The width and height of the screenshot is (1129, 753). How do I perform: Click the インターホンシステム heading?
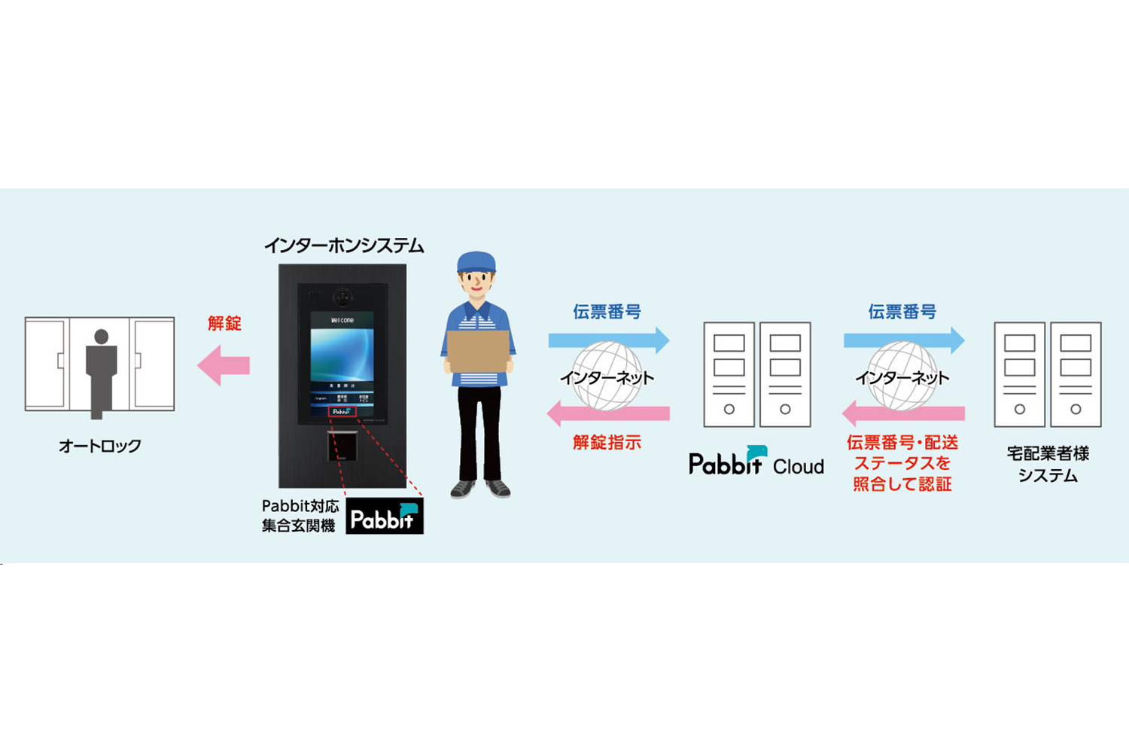click(x=343, y=246)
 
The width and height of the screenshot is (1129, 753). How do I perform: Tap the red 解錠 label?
click(x=224, y=323)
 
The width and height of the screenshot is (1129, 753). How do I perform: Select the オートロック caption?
click(x=100, y=446)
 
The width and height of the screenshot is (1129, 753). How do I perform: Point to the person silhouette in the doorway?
click(x=101, y=370)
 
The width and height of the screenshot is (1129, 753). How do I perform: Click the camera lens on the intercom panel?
click(x=344, y=297)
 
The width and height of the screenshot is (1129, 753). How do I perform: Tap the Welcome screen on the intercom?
click(x=342, y=354)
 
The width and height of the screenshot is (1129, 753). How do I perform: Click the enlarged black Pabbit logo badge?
click(x=384, y=517)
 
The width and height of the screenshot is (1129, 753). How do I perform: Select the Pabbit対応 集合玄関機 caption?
click(x=299, y=516)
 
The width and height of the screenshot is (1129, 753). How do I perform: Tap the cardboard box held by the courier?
click(x=478, y=351)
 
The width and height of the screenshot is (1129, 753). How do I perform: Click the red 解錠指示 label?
click(x=607, y=443)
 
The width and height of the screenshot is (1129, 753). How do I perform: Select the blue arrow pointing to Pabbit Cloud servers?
click(x=608, y=340)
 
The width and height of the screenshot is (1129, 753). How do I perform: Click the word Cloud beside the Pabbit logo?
click(x=798, y=467)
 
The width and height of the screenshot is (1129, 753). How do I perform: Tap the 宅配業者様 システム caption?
click(x=1048, y=464)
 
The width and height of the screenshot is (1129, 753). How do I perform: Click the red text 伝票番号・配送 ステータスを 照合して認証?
click(x=902, y=463)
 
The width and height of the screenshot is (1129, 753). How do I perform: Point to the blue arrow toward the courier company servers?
click(x=903, y=340)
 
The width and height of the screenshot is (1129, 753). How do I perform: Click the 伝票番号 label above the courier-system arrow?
click(x=902, y=312)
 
